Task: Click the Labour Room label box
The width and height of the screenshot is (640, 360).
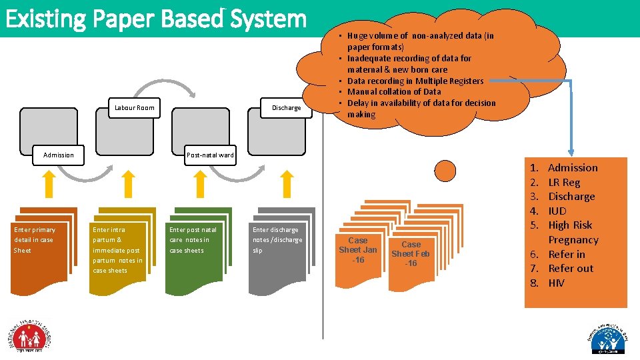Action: tap(135, 107)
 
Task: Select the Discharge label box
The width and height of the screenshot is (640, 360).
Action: tap(286, 107)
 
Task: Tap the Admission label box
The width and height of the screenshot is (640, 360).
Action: tap(59, 155)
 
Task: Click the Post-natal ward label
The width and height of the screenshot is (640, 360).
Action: tap(210, 155)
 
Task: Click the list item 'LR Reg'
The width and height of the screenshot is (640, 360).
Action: tap(564, 182)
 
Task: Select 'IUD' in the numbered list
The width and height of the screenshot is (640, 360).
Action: tap(557, 211)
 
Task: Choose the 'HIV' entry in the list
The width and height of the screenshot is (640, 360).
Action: tap(556, 283)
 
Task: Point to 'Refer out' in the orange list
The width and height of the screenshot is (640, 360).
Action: tap(570, 268)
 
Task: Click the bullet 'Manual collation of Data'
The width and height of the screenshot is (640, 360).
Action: tap(393, 91)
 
